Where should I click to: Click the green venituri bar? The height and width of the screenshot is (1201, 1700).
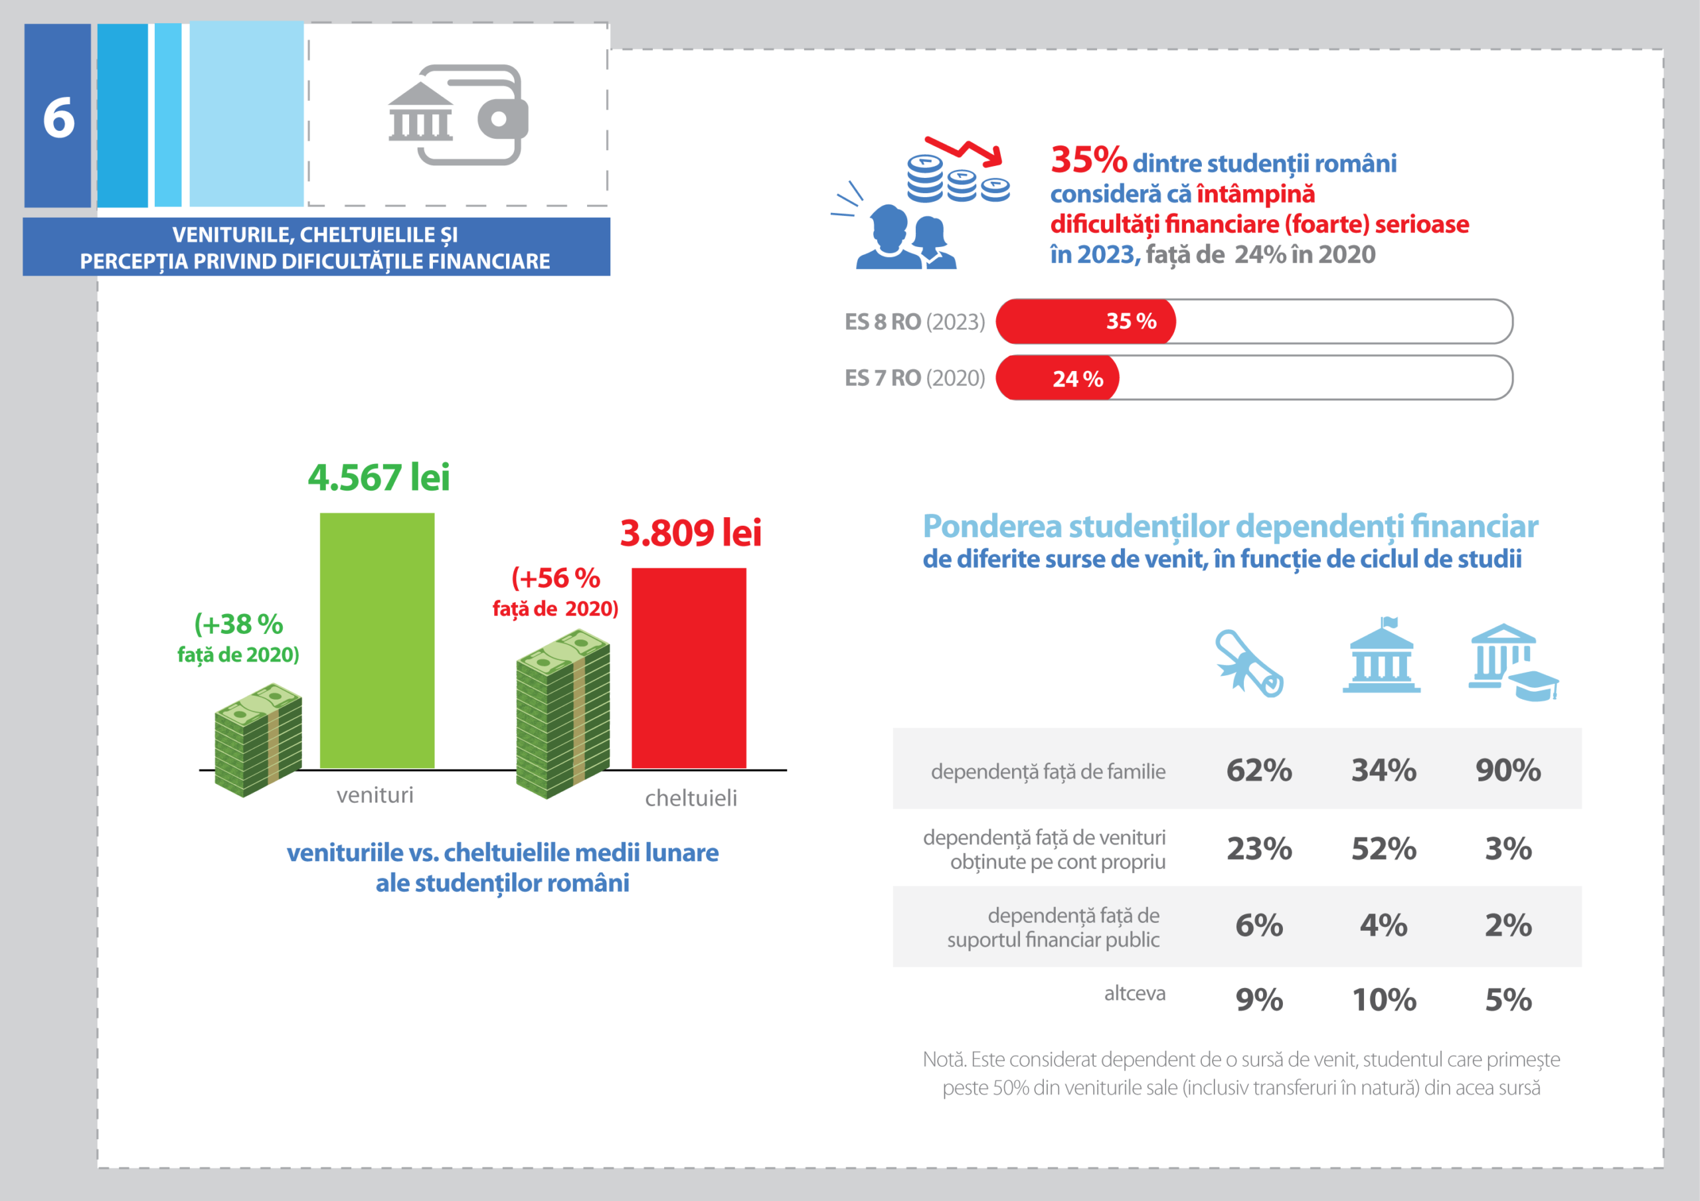click(377, 641)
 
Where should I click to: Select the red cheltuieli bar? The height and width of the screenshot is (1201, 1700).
click(689, 668)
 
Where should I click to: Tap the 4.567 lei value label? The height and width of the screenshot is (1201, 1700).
click(379, 477)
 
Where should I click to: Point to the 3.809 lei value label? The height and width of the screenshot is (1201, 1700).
click(690, 533)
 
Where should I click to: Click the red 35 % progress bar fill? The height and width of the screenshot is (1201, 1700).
click(1086, 321)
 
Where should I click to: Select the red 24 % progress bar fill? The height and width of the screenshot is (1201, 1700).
click(1057, 378)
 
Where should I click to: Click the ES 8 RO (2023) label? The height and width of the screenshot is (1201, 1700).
click(914, 322)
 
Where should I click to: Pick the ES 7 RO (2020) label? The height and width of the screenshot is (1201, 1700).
click(914, 378)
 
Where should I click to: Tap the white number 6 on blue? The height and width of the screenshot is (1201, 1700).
click(58, 118)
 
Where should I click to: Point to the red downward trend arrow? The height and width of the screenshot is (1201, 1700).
click(966, 150)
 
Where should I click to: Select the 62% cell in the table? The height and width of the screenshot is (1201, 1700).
click(1258, 770)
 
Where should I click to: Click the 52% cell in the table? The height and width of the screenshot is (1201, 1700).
click(1383, 848)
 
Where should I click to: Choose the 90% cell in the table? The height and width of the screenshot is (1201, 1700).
click(1507, 770)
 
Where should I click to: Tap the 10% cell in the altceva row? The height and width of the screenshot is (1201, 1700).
click(1383, 1001)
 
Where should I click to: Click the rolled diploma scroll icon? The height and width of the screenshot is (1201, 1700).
click(1249, 663)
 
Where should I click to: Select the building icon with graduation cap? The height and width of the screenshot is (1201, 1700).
click(1511, 662)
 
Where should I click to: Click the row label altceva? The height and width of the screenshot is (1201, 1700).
click(1134, 994)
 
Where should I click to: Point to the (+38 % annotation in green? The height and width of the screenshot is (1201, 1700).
click(238, 625)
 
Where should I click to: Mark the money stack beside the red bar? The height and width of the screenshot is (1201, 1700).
click(562, 714)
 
